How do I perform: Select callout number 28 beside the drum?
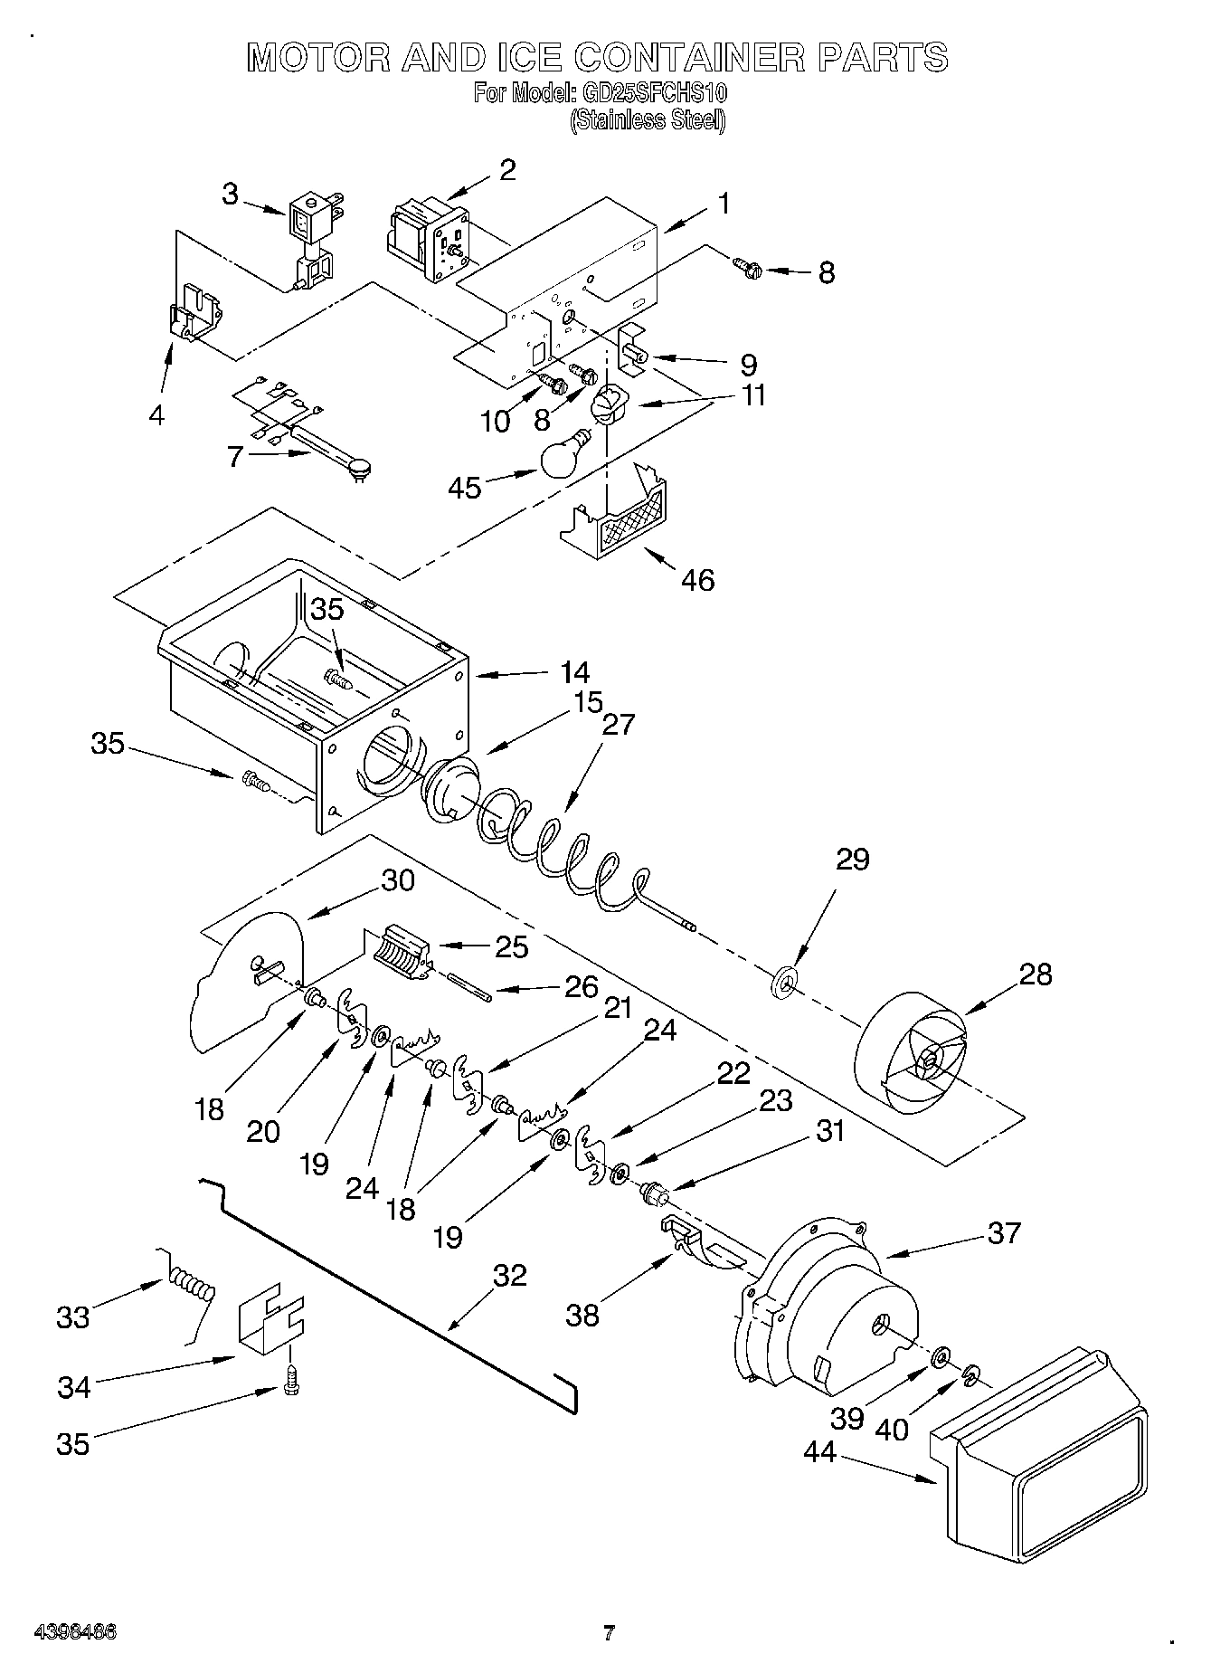coord(1035,974)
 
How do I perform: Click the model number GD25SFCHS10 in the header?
coord(651,93)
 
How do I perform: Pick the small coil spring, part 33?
coord(191,1286)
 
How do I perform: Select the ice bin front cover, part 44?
coord(1040,1439)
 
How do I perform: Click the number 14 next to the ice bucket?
coord(573,672)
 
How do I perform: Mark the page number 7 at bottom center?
coord(609,1633)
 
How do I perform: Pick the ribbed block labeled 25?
coord(398,951)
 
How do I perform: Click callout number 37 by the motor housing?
coord(1004,1232)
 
